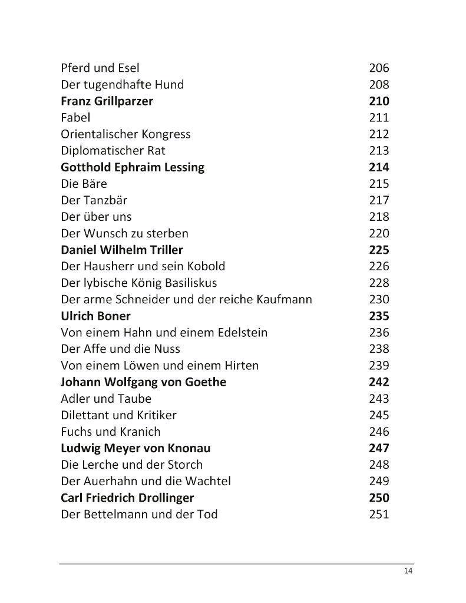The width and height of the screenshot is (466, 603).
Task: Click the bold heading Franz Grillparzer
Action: pos(107,101)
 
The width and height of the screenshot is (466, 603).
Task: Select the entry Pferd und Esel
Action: pos(100,68)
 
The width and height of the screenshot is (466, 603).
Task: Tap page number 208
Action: pos(379,85)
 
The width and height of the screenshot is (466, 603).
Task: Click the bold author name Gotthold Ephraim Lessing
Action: pos(133,167)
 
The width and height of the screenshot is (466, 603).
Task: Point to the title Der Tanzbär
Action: pos(94,200)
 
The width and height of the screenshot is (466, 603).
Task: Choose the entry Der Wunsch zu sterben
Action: pos(125,233)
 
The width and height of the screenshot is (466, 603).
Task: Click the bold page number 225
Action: pos(379,250)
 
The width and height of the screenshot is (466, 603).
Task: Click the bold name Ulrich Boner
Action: pos(95,316)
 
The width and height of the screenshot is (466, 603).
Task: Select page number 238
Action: pos(379,349)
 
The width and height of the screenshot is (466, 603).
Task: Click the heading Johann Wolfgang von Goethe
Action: pos(143,382)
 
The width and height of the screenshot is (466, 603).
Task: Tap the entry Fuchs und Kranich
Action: pos(111,432)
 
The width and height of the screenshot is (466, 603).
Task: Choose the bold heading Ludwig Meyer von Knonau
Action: pos(135,448)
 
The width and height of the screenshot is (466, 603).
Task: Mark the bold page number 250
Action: pos(379,498)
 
